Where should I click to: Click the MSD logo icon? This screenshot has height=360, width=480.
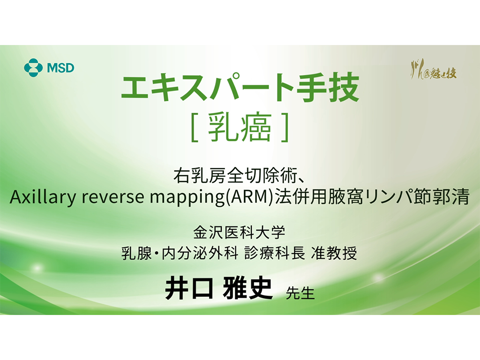[33, 67]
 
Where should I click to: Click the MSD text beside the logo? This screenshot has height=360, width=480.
[60, 68]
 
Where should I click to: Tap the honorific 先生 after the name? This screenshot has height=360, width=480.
[300, 293]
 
